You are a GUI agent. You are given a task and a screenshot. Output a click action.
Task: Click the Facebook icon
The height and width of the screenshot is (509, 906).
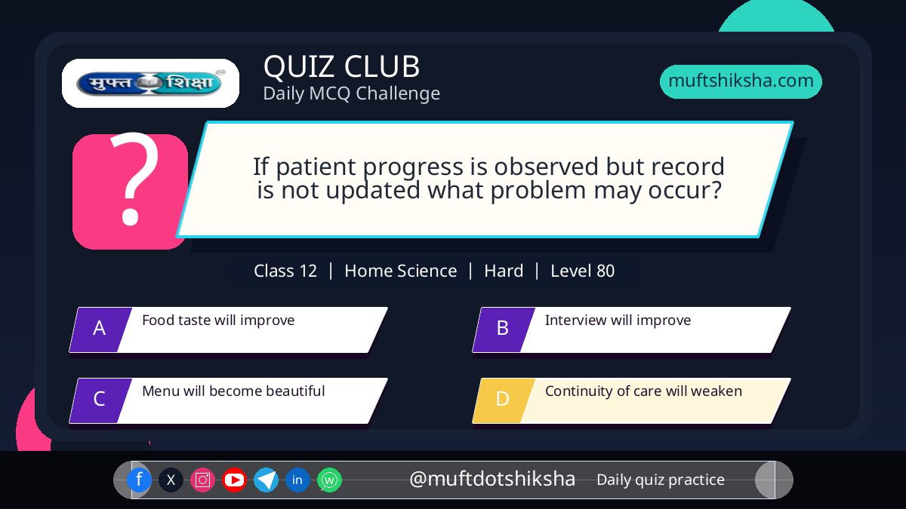(139, 480)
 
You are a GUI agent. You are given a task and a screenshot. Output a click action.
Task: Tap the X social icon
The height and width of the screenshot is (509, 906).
(171, 480)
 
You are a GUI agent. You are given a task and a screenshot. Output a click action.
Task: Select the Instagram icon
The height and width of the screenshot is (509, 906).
(202, 480)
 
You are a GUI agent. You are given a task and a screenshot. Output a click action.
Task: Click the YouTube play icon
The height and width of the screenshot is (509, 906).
(234, 480)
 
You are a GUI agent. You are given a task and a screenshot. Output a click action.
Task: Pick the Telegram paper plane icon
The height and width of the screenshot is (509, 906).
(266, 480)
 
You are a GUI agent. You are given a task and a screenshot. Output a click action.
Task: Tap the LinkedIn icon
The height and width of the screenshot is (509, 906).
(297, 480)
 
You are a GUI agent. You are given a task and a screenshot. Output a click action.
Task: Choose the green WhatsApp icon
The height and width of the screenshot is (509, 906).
(329, 480)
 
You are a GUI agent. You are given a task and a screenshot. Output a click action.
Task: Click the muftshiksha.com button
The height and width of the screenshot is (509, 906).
(741, 81)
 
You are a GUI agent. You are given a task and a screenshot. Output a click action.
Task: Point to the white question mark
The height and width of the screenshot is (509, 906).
(134, 178)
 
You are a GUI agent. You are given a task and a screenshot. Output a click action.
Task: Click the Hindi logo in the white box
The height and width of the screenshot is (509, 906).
(150, 83)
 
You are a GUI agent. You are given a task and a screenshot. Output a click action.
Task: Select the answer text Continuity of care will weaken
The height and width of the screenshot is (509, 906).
(643, 391)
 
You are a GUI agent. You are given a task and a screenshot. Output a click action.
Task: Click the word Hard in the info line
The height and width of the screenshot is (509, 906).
(504, 271)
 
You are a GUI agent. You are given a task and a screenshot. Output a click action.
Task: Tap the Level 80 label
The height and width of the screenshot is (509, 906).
(582, 271)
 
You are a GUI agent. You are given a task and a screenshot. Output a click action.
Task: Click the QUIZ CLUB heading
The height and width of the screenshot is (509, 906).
(342, 66)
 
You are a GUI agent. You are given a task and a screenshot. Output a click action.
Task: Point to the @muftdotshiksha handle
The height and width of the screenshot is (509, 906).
(492, 479)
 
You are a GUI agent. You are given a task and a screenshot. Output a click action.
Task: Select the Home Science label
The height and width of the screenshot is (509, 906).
(400, 271)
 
